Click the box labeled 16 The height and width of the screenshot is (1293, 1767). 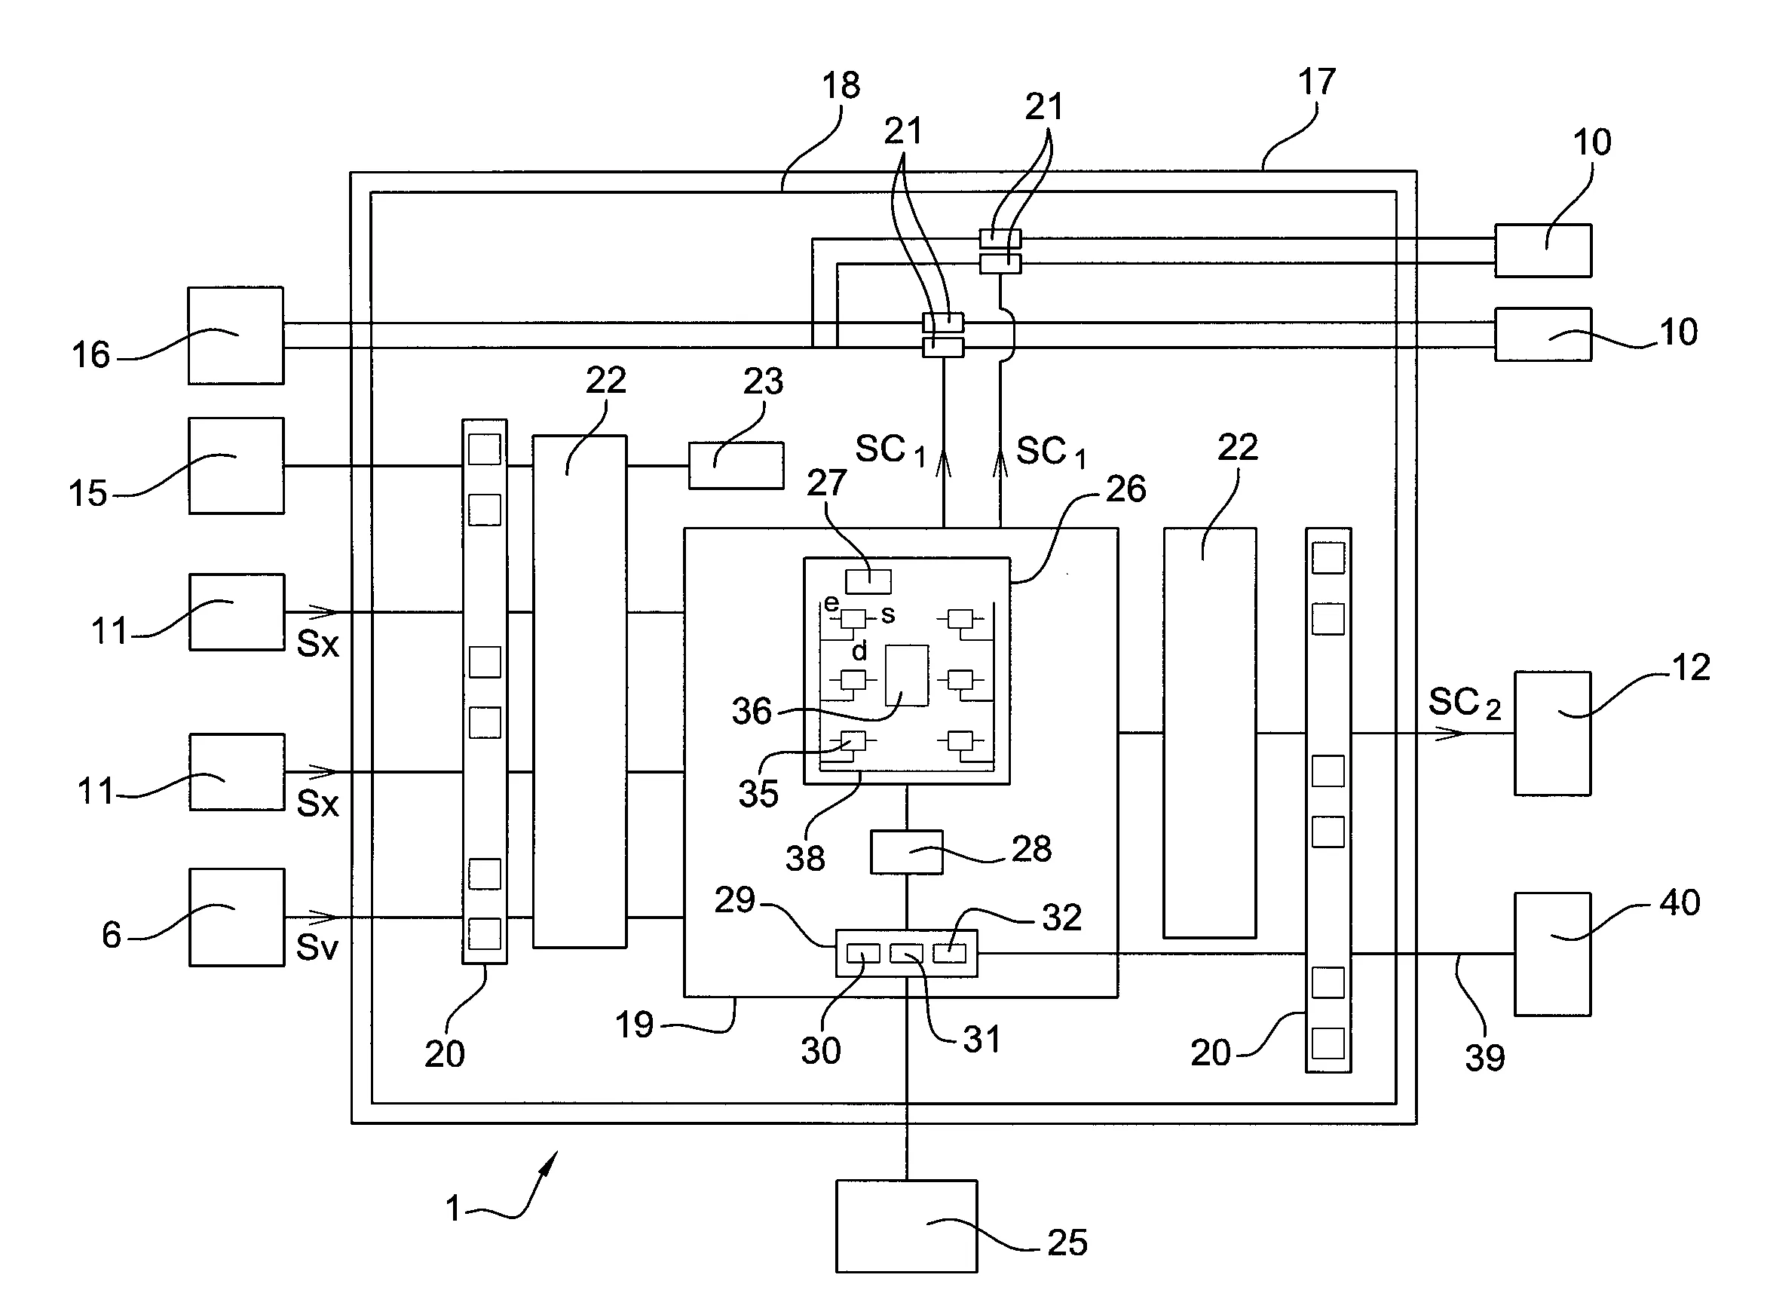(235, 335)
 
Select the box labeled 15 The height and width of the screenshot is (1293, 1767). (237, 466)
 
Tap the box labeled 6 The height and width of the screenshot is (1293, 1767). (237, 918)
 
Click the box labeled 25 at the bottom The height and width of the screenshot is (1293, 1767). (906, 1227)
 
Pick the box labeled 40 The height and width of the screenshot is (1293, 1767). (1553, 954)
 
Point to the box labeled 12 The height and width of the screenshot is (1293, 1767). (1553, 734)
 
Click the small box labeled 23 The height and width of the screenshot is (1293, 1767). (736, 466)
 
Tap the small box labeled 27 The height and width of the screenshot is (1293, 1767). (868, 581)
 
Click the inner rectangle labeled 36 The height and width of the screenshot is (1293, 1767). (907, 676)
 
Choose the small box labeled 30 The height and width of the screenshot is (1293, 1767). (863, 953)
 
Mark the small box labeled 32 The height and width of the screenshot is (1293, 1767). (949, 953)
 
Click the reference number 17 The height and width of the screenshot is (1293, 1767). (1316, 82)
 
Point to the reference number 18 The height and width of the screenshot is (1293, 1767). (841, 85)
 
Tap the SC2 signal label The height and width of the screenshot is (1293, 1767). (1464, 703)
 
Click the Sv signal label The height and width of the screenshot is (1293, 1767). (317, 948)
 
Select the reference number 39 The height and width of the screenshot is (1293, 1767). (1484, 1059)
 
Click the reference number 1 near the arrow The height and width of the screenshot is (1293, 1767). (453, 1208)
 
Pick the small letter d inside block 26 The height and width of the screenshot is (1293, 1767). (859, 651)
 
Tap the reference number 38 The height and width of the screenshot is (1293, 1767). (805, 859)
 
